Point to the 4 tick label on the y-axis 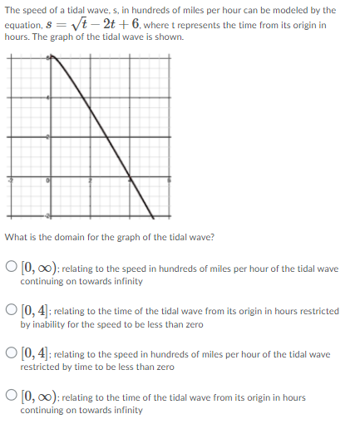point(47,98)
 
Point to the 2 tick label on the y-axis point(47,138)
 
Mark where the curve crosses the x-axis point(130,176)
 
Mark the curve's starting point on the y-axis point(51,57)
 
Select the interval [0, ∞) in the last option point(39,397)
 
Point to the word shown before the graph point(170,38)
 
